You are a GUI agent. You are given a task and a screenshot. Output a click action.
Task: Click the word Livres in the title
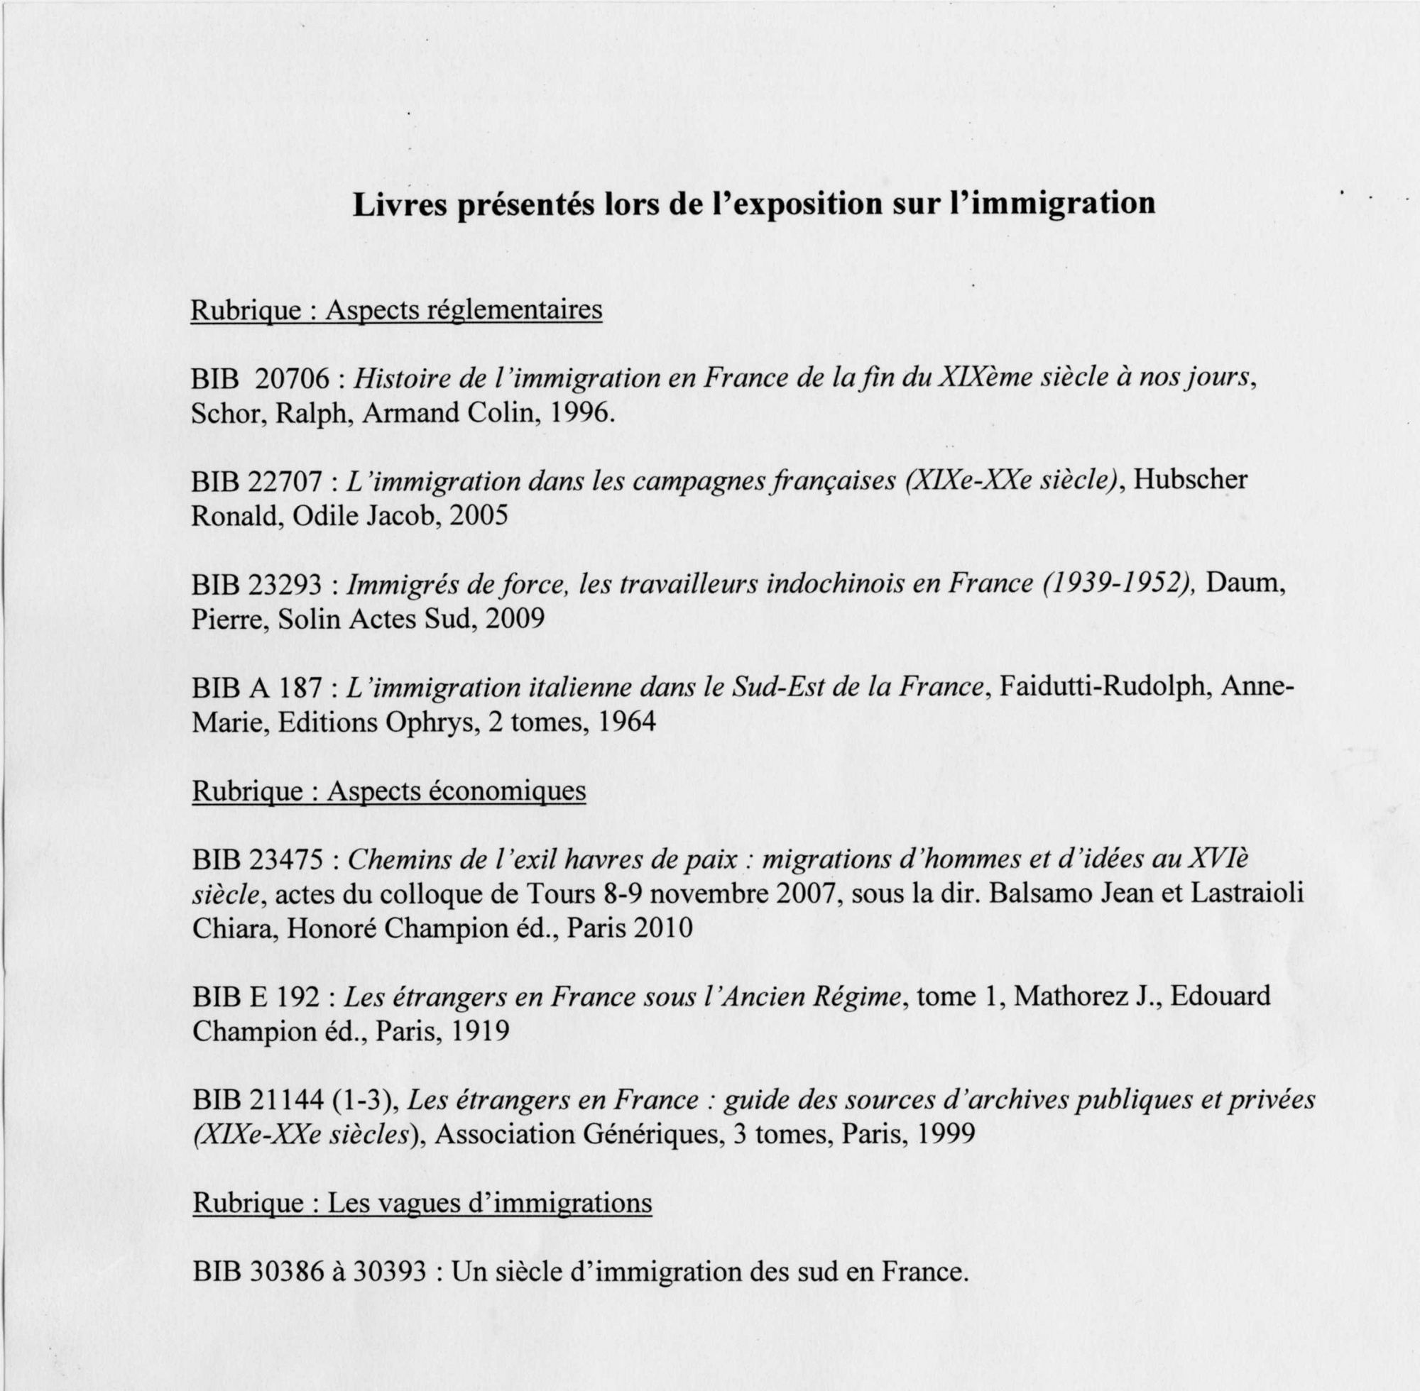(397, 204)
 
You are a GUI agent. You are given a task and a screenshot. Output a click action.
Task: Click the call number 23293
(285, 585)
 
